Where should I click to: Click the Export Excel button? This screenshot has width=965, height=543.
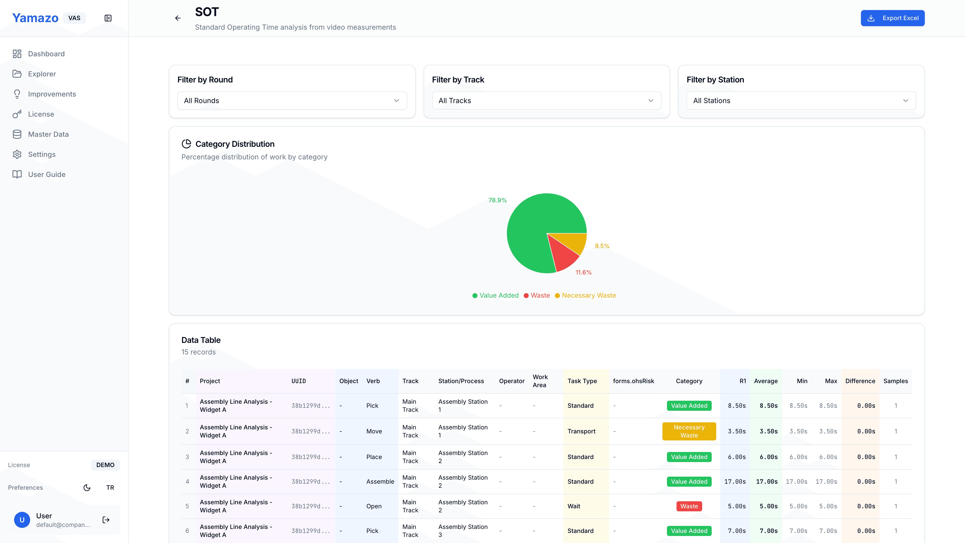tap(892, 18)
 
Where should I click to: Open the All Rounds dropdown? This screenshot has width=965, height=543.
tap(292, 101)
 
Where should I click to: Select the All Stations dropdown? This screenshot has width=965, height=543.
tap(801, 101)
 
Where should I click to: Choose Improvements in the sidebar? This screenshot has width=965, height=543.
tap(52, 94)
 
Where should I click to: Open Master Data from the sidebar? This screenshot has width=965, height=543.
tap(48, 134)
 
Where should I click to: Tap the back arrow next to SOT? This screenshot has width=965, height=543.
tap(178, 18)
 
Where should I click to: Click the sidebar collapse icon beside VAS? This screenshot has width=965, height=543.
tap(108, 18)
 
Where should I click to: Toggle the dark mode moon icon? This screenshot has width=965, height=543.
tap(87, 487)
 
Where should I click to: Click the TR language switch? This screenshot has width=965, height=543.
tap(110, 487)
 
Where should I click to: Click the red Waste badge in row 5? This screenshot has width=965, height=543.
tap(689, 506)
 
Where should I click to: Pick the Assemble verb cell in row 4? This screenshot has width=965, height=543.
tap(380, 482)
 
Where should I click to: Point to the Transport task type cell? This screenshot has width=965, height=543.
tap(581, 431)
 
